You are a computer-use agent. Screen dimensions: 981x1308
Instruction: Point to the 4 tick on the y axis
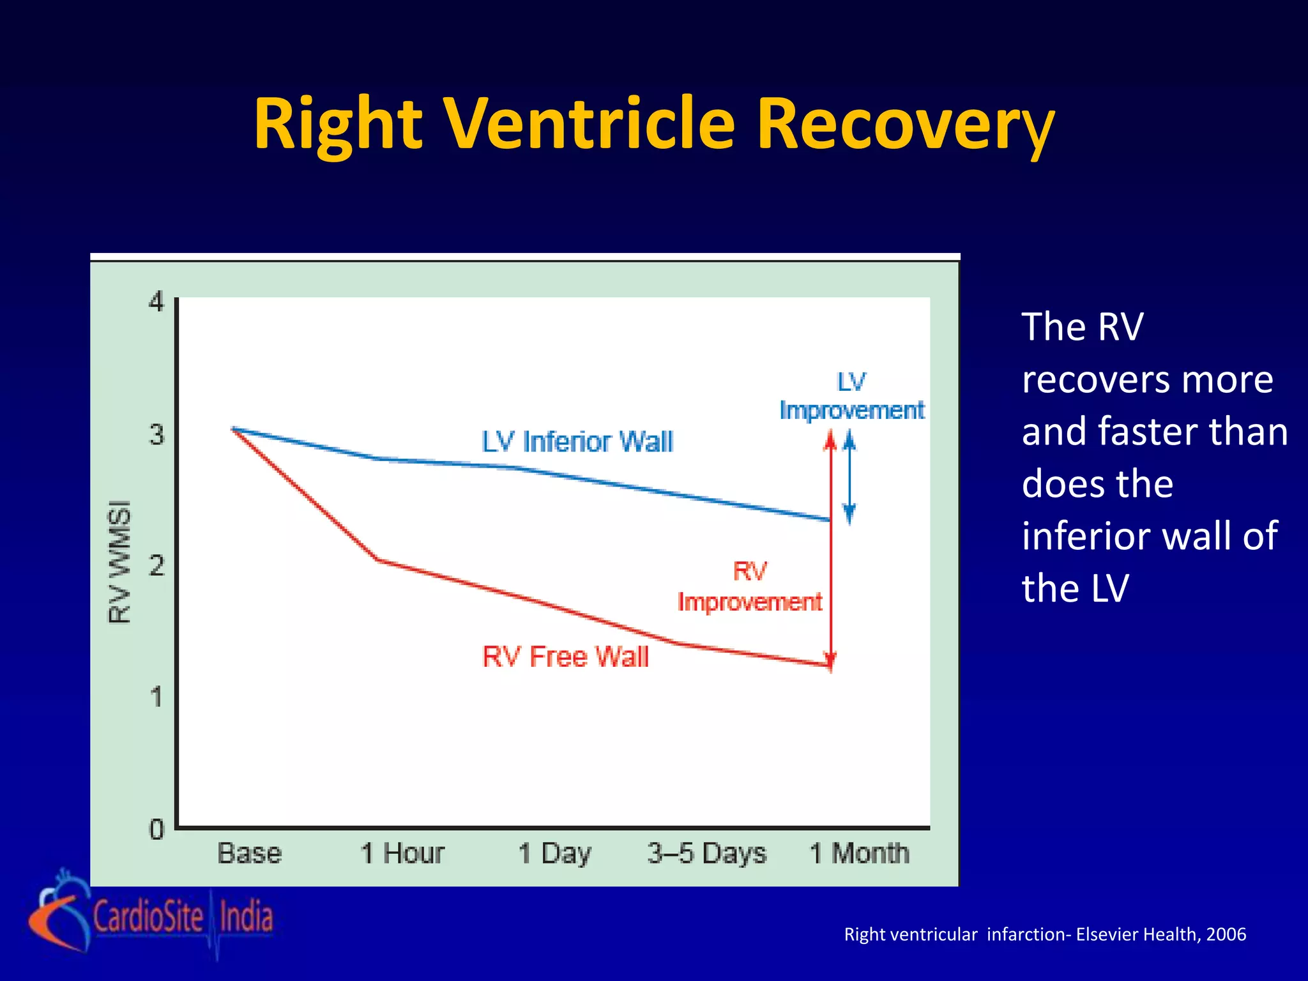tap(156, 301)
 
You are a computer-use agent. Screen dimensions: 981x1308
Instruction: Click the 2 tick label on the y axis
tap(156, 565)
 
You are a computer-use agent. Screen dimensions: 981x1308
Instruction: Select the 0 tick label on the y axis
tap(156, 830)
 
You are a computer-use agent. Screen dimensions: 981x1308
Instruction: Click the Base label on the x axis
tap(249, 853)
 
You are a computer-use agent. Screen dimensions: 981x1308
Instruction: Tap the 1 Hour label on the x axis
tap(402, 853)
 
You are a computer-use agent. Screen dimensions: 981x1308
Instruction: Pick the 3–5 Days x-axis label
tap(706, 853)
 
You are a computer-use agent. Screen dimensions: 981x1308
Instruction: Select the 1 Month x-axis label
tap(859, 853)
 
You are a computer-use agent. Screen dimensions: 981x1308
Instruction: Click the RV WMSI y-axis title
tap(119, 561)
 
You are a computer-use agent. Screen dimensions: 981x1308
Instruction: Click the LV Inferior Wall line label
tap(577, 442)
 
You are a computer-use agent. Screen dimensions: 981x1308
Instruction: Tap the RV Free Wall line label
tap(565, 657)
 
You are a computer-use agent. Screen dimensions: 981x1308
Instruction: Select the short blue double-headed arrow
tap(849, 478)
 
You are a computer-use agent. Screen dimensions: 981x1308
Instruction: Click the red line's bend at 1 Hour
tap(379, 560)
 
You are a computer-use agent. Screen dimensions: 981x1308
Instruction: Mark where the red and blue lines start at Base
tap(234, 429)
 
